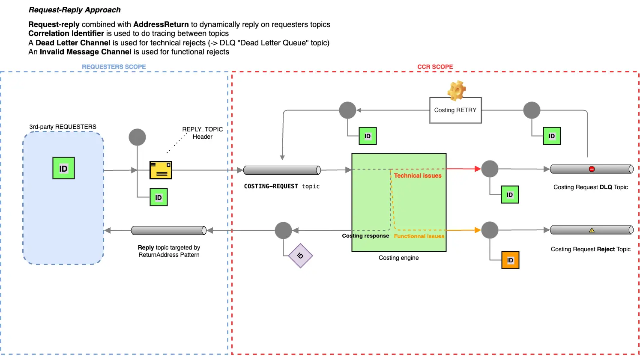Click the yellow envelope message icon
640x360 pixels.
tap(161, 170)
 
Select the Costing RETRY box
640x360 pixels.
tap(455, 110)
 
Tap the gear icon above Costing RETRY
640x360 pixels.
tap(457, 90)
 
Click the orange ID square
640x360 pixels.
tap(510, 260)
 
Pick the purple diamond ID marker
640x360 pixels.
tap(300, 256)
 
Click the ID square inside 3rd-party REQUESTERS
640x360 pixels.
tap(63, 168)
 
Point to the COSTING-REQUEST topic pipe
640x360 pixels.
tap(282, 170)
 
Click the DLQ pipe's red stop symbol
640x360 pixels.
tap(592, 169)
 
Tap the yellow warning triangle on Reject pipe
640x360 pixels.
tap(592, 230)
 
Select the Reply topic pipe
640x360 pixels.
tap(169, 231)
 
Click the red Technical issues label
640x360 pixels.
tap(418, 176)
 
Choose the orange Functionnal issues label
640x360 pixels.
tap(419, 236)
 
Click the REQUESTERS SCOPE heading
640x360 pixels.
tap(114, 67)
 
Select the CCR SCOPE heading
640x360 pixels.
tap(435, 67)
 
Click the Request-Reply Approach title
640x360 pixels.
tap(75, 10)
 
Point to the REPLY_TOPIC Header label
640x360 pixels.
tap(202, 133)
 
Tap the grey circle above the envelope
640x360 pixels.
tap(138, 137)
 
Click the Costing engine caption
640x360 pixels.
tap(398, 258)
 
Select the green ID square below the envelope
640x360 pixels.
tap(159, 197)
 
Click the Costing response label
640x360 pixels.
tap(365, 236)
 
